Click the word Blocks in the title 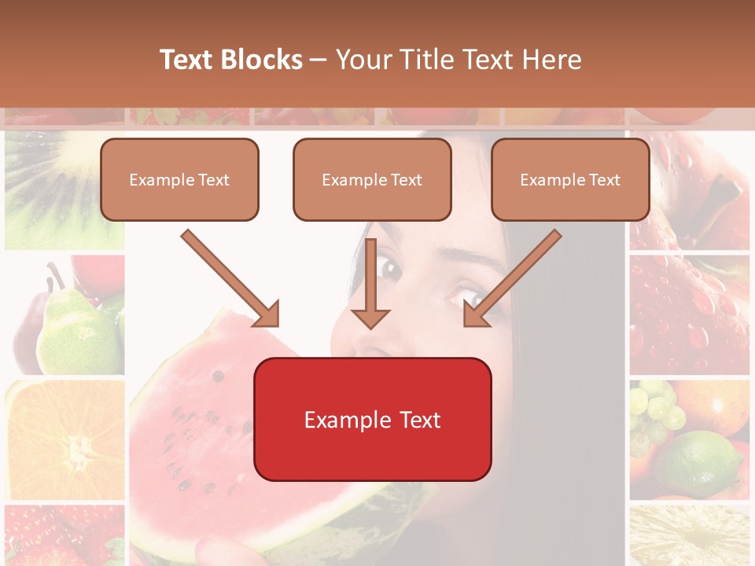261,60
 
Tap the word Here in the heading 553,60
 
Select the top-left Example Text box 179,180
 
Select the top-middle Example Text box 372,180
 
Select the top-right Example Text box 570,180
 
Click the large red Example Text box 372,420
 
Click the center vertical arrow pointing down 370,291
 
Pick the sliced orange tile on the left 64,440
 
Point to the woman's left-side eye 390,270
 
